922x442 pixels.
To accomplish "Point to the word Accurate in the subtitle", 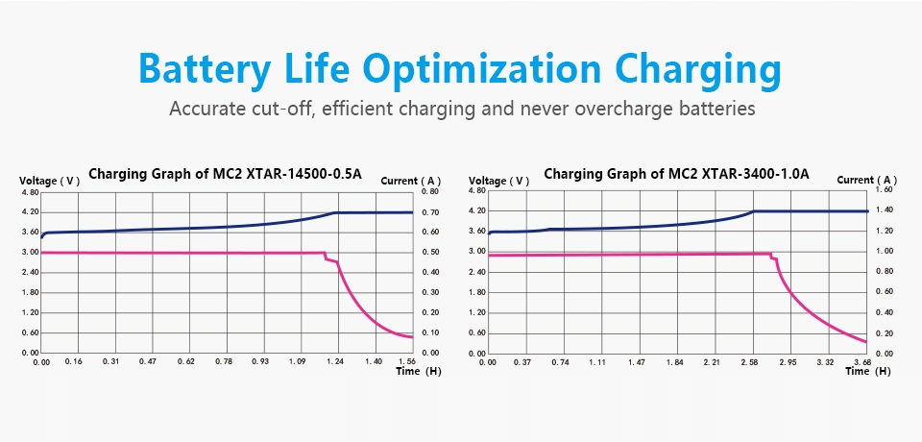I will [x=205, y=109].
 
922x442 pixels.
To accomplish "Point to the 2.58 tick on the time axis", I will [x=750, y=361].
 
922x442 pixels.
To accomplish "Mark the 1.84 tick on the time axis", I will [x=674, y=361].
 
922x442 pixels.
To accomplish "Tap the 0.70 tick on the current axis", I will [x=429, y=211].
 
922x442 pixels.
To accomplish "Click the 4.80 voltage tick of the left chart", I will [x=29, y=192].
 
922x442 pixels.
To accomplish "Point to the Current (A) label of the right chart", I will [x=866, y=180].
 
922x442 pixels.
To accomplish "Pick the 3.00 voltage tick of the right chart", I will [x=477, y=251].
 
